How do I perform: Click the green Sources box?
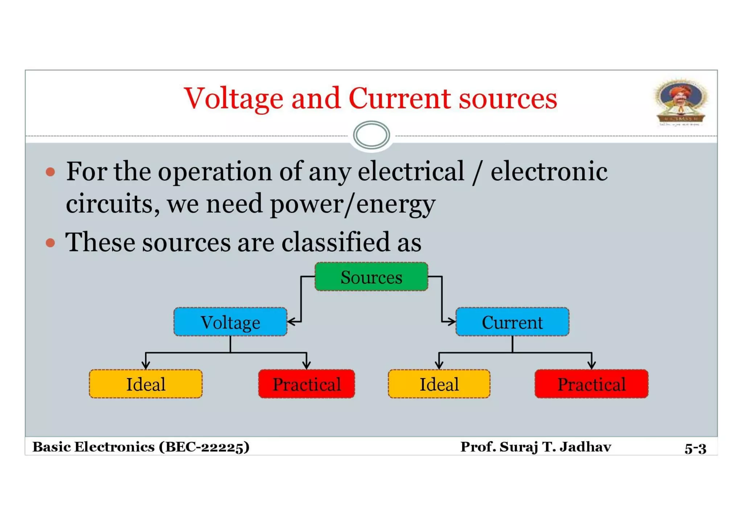(371, 277)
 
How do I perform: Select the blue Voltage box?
(230, 322)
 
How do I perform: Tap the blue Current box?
(512, 322)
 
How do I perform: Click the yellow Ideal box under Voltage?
(145, 384)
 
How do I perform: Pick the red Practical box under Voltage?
(306, 384)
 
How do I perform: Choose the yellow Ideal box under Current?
(439, 384)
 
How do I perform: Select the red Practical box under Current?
(591, 384)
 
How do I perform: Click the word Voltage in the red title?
(233, 99)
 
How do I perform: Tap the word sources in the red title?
(508, 99)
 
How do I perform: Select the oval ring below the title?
(371, 135)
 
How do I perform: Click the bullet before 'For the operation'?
(50, 172)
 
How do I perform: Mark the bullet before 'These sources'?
(50, 242)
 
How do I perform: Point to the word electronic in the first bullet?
(549, 171)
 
